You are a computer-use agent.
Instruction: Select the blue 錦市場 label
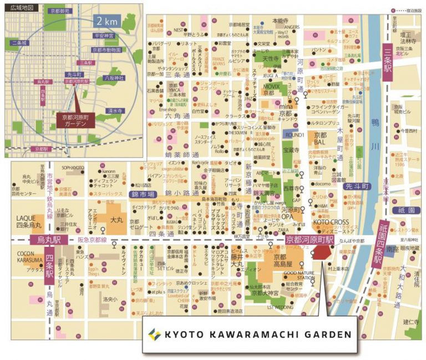tap(143, 194)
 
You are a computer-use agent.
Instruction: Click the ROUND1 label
tap(294, 135)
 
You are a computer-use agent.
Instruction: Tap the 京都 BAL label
tap(321, 138)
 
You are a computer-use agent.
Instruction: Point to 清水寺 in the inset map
tap(114, 111)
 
